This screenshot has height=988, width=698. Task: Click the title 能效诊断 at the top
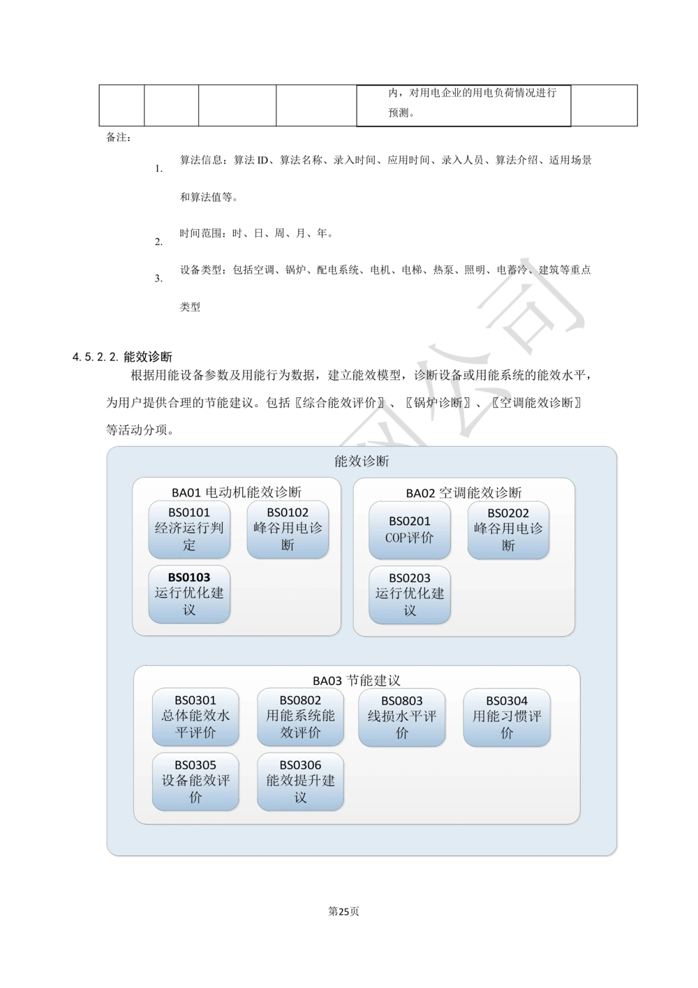coord(362,462)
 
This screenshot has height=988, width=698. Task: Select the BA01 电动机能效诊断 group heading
coord(237,492)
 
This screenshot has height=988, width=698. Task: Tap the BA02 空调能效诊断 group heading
coord(463,493)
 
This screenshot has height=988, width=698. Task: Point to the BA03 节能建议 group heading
coord(356,681)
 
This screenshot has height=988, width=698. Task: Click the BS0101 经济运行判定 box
coord(189,529)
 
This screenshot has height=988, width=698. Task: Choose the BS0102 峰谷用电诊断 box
coord(288,529)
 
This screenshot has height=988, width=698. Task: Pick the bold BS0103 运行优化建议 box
coord(189,593)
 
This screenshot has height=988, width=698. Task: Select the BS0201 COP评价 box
coord(410,530)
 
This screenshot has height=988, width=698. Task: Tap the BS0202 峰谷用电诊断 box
coord(508,530)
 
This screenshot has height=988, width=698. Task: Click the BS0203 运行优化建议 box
coord(410,594)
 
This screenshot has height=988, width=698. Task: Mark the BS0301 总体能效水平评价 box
coord(195,717)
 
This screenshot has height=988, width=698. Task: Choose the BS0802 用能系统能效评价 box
coord(300,717)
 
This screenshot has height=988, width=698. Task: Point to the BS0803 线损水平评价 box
coord(402,717)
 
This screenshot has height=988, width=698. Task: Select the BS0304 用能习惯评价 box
coord(507,717)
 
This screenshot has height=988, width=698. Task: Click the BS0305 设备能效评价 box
coord(195,781)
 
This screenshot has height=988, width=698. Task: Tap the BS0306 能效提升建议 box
coord(300,781)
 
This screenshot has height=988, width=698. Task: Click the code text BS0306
coord(300,765)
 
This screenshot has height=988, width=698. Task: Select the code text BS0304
coord(507,701)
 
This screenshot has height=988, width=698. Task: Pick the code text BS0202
coord(508,513)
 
